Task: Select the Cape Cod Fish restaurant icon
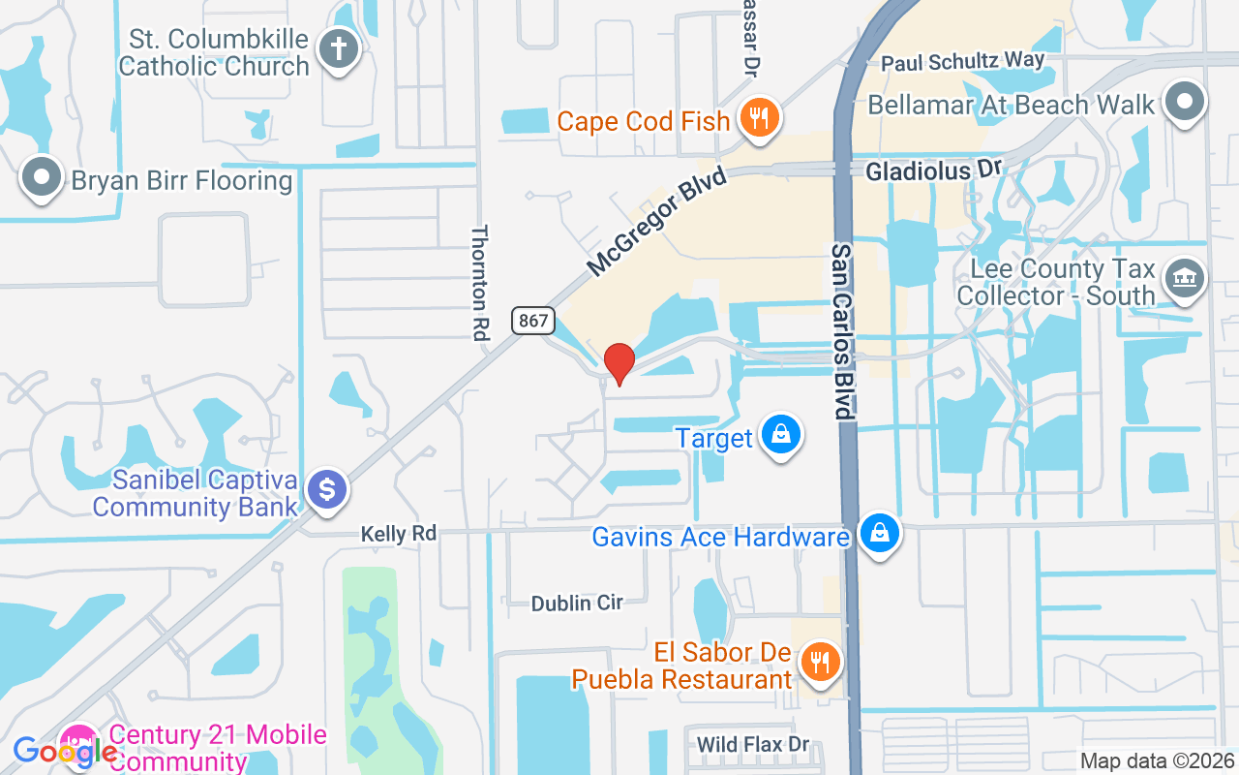click(760, 118)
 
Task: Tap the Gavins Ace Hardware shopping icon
click(879, 534)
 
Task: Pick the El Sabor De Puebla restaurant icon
click(821, 663)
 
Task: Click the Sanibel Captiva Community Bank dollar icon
click(327, 489)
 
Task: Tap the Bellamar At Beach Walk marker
click(1185, 102)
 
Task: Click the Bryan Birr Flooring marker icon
click(41, 178)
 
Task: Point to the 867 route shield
click(532, 321)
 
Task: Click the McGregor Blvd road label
click(656, 218)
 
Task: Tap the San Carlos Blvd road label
click(843, 330)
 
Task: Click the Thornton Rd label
click(481, 282)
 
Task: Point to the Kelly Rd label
click(398, 533)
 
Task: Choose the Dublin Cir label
click(577, 603)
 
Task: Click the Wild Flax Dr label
click(753, 744)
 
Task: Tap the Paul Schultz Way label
click(962, 62)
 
